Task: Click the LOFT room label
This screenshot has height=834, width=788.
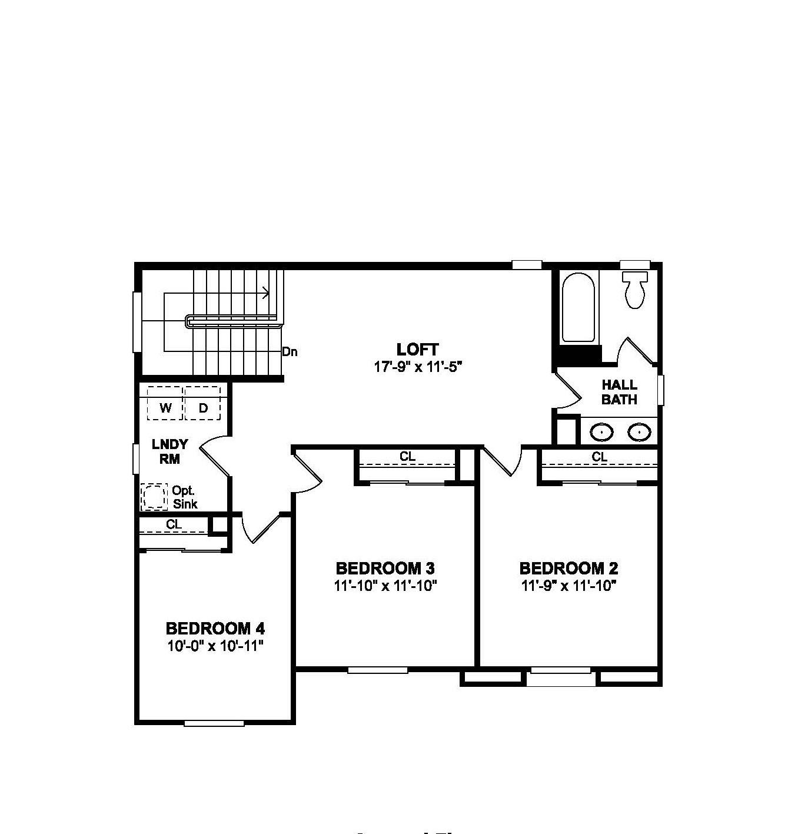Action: (x=417, y=349)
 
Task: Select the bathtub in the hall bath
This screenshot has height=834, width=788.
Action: (x=577, y=308)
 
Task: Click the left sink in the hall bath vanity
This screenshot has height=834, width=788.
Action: (x=601, y=433)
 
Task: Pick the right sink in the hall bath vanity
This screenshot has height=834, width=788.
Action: (x=639, y=433)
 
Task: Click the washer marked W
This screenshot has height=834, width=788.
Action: (x=165, y=407)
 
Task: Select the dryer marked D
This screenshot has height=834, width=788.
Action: (x=203, y=407)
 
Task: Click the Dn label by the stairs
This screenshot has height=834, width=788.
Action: (x=290, y=353)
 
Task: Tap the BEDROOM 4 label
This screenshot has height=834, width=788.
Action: (x=215, y=628)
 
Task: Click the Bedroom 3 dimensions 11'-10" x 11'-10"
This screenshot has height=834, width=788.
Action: (x=385, y=586)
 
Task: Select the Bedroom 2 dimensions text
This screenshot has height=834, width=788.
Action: (x=568, y=586)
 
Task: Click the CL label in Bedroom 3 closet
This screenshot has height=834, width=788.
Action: (x=407, y=456)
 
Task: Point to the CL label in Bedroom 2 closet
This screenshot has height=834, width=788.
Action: (x=599, y=457)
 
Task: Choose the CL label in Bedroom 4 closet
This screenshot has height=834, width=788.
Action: (x=174, y=524)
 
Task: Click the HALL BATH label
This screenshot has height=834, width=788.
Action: (x=619, y=392)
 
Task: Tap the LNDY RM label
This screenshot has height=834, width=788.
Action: (x=169, y=451)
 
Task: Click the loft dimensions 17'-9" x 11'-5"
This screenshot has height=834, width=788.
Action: (x=418, y=367)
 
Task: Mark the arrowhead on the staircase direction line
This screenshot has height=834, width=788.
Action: (x=267, y=293)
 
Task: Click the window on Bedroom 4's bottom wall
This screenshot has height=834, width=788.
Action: (x=214, y=723)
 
